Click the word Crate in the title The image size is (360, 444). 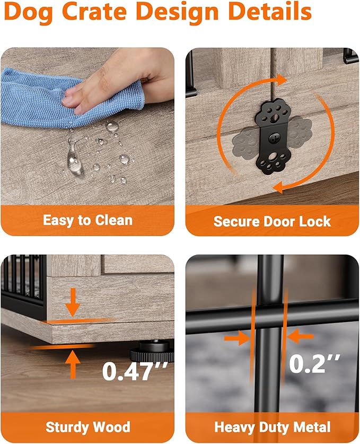[x=94, y=11]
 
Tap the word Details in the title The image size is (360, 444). [x=269, y=11]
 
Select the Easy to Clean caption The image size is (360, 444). [x=87, y=220]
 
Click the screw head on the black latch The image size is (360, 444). [x=273, y=138]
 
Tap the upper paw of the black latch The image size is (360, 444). [x=273, y=112]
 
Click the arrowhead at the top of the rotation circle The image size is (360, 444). [x=282, y=81]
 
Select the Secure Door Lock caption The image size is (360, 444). [x=272, y=221]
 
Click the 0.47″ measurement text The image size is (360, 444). [x=135, y=371]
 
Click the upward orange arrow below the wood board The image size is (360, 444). [x=73, y=364]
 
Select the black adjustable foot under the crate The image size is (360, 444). [x=152, y=352]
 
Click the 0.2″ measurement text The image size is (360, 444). [x=314, y=363]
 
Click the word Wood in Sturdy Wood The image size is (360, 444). [x=112, y=426]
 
